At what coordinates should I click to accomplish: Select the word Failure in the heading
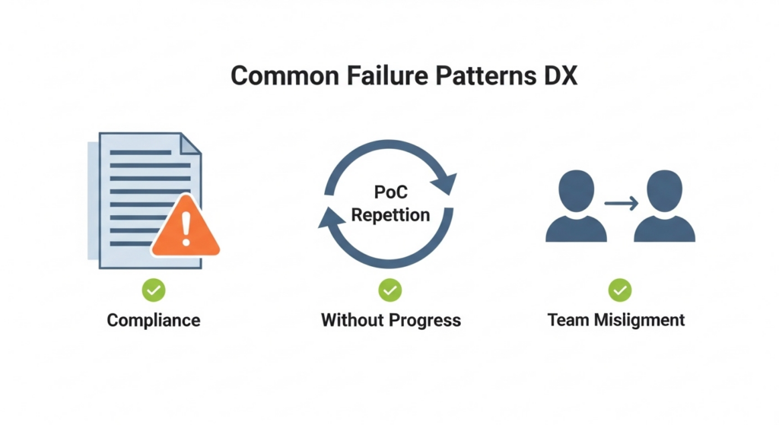pyautogui.click(x=374, y=77)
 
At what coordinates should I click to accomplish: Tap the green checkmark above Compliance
pyautogui.click(x=154, y=290)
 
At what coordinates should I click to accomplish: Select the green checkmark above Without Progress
pyautogui.click(x=390, y=290)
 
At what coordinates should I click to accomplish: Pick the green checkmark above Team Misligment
pyautogui.click(x=620, y=290)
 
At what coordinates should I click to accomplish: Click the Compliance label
pyautogui.click(x=154, y=320)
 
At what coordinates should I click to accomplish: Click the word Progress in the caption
pyautogui.click(x=427, y=320)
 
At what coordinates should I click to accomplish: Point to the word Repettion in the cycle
pyautogui.click(x=390, y=214)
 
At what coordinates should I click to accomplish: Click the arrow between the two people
pyautogui.click(x=621, y=203)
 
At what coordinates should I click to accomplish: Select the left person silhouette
pyautogui.click(x=576, y=208)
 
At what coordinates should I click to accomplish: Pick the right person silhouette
pyautogui.click(x=664, y=208)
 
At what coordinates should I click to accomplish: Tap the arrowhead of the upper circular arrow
pyautogui.click(x=446, y=182)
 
